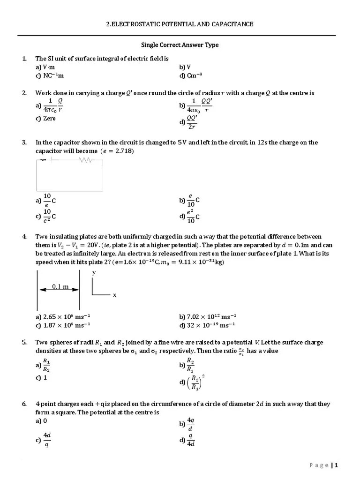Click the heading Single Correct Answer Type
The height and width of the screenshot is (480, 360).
pyautogui.click(x=180, y=45)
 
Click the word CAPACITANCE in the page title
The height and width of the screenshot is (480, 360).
pyautogui.click(x=229, y=24)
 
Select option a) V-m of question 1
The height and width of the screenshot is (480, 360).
pyautogui.click(x=45, y=67)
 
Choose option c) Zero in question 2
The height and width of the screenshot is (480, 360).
pyautogui.click(x=45, y=119)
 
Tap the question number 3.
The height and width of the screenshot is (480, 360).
pyautogui.click(x=24, y=142)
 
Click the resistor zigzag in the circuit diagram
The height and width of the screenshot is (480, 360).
pyautogui.click(x=86, y=160)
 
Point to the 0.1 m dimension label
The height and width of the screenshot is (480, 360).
pyautogui.click(x=60, y=286)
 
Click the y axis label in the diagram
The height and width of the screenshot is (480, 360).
pyautogui.click(x=94, y=272)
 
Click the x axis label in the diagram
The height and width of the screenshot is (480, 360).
pyautogui.click(x=114, y=295)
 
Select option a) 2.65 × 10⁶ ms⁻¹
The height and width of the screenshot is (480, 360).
pyautogui.click(x=63, y=316)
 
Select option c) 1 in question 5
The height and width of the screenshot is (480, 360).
pyautogui.click(x=41, y=378)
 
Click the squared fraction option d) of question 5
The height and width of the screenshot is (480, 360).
pyautogui.click(x=194, y=382)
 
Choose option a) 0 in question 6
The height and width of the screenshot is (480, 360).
pyautogui.click(x=41, y=421)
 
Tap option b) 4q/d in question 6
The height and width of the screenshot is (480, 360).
pyautogui.click(x=187, y=424)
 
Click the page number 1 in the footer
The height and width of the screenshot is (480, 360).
pyautogui.click(x=336, y=465)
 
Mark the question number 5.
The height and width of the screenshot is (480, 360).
pyautogui.click(x=24, y=343)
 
